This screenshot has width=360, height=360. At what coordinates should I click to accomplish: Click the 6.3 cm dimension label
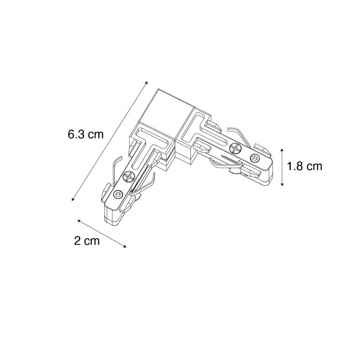[x=86, y=135]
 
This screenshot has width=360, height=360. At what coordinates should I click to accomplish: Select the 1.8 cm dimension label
[x=305, y=166]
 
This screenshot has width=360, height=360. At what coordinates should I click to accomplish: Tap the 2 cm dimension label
[x=87, y=241]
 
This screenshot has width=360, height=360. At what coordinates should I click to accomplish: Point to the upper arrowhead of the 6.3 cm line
[x=146, y=83]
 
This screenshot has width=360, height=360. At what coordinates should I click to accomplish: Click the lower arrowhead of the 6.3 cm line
[x=73, y=199]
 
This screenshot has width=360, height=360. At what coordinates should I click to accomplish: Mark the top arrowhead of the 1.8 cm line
[x=282, y=150]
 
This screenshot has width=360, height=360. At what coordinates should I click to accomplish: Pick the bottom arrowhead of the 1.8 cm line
[x=282, y=184]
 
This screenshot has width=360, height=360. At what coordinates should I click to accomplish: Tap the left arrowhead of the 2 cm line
[x=79, y=220]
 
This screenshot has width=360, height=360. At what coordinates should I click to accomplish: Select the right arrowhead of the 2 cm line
[x=125, y=247]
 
